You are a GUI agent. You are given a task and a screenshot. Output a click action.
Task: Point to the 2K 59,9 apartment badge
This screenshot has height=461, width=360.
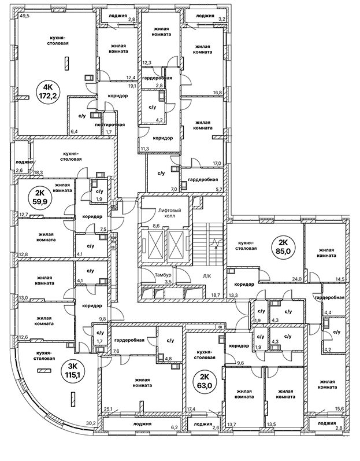40,198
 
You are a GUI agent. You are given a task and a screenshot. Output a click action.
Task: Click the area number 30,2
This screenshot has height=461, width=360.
90,423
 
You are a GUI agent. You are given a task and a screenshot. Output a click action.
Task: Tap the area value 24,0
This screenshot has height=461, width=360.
297,279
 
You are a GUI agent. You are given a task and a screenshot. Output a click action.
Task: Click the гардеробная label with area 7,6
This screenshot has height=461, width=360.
128,332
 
